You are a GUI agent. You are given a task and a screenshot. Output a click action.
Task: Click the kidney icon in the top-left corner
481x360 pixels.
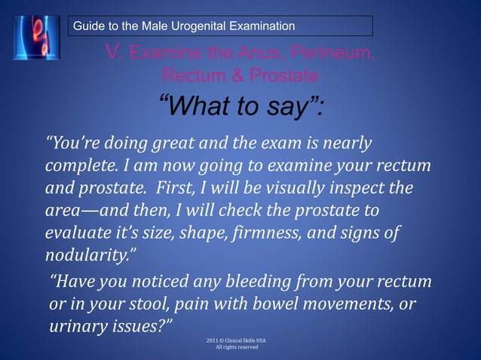35,35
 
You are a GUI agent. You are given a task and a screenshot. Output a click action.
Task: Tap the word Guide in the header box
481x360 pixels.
87,27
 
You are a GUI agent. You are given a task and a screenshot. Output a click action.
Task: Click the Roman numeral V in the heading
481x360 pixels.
115,52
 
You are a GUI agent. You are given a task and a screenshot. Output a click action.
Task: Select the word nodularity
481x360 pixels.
84,253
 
